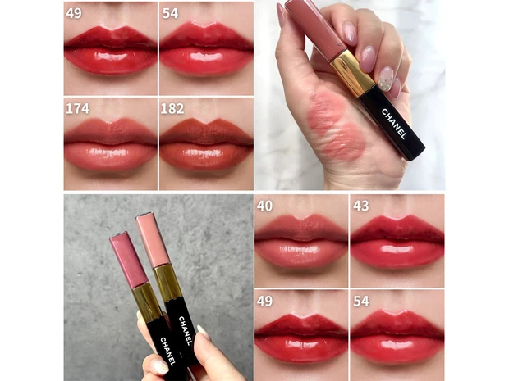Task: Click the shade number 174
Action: tap(78, 108)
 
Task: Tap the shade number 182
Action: tap(172, 108)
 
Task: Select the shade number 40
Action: tap(264, 206)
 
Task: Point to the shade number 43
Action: tap(361, 206)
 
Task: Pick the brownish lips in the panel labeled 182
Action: tap(206, 144)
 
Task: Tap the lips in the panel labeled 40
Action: tap(301, 242)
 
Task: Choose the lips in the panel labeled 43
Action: tap(397, 242)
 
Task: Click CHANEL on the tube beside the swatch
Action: tap(393, 124)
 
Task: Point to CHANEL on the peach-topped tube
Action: tap(185, 331)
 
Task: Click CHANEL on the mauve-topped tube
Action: tap(167, 352)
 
